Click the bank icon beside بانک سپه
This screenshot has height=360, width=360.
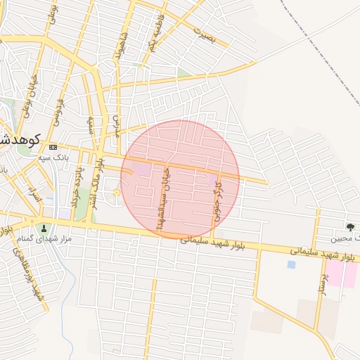tap(53, 147)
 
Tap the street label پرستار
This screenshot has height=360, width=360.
tap(324, 288)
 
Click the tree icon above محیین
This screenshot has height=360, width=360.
tap(349, 226)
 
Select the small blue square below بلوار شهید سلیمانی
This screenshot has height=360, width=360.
tap(291, 264)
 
